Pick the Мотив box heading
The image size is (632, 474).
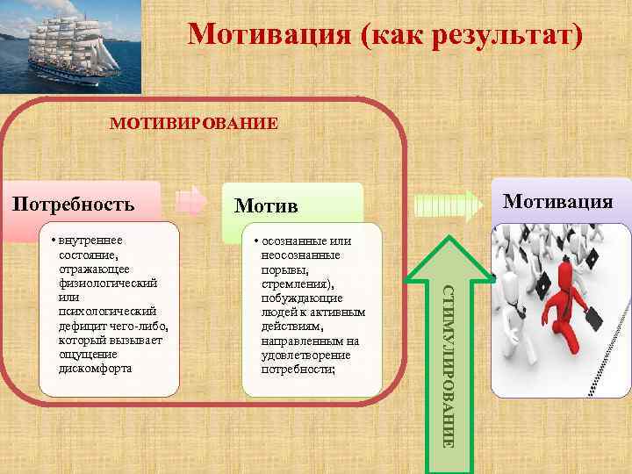tap(266, 206)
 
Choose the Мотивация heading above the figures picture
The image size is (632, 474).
tap(557, 202)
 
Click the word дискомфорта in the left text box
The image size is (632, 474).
tap(96, 369)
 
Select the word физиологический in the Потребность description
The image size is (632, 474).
tap(108, 284)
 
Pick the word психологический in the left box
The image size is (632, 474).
tap(108, 312)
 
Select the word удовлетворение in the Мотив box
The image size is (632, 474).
tap(305, 355)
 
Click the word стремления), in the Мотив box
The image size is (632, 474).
tap(298, 284)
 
